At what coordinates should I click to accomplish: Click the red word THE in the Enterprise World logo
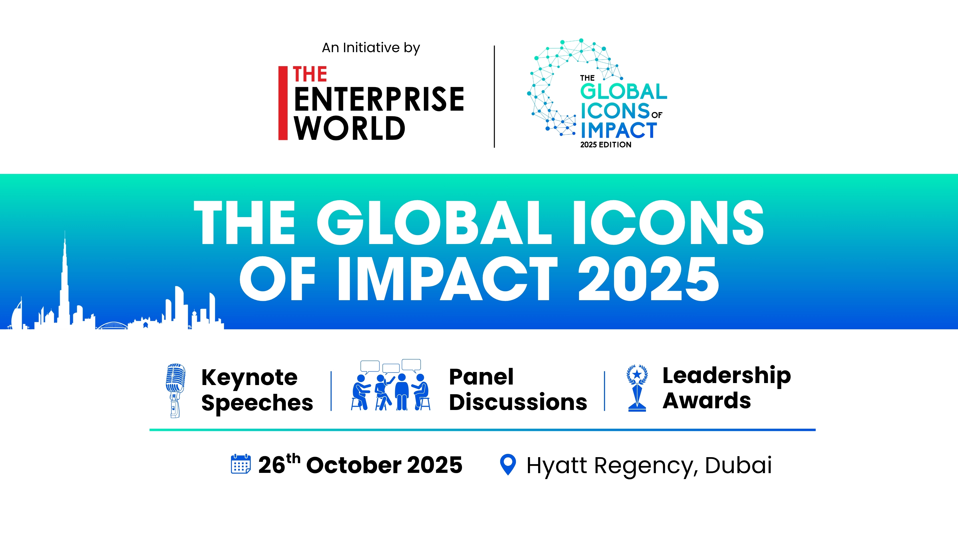click(x=310, y=74)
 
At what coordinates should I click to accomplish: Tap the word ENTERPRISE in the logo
click(x=379, y=99)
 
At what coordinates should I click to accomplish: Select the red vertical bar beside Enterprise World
click(x=283, y=103)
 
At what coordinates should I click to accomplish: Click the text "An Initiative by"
click(x=371, y=48)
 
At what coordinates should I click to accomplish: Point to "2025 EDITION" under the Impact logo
click(x=606, y=145)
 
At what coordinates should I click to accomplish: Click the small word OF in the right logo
click(x=657, y=115)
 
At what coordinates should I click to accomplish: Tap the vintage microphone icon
click(x=175, y=391)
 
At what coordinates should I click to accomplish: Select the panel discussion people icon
click(x=391, y=385)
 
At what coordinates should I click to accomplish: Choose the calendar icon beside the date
click(x=240, y=464)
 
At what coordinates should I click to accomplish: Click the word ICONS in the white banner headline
click(x=668, y=222)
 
